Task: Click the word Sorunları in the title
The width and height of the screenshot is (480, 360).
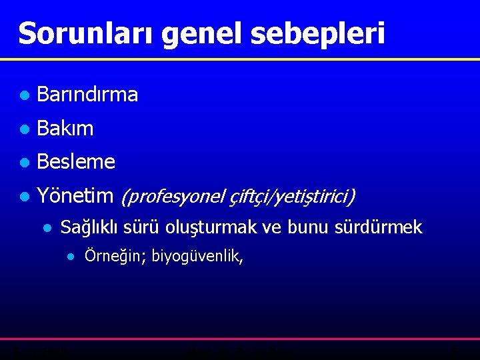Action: (x=86, y=33)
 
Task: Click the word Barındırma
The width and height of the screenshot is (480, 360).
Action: (x=87, y=95)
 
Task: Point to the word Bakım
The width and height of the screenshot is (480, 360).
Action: (x=65, y=129)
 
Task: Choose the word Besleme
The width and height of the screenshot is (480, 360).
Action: (x=76, y=162)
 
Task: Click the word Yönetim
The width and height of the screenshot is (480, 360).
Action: (x=75, y=195)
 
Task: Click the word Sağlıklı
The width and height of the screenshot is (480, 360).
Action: (x=89, y=228)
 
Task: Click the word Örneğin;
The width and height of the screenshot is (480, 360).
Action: (x=115, y=257)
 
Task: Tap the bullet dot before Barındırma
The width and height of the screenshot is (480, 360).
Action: (x=24, y=96)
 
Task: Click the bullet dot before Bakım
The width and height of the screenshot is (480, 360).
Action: (x=24, y=129)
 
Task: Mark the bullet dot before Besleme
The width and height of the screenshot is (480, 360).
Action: (x=24, y=163)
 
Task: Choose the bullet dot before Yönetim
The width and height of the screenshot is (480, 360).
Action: (x=24, y=196)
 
